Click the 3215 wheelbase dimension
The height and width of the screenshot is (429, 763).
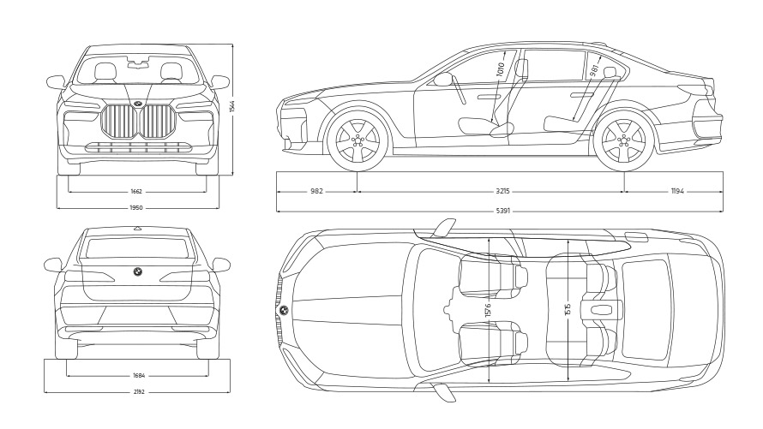click(491, 192)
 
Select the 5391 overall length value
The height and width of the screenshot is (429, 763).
click(501, 211)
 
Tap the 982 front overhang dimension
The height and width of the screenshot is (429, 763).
click(316, 192)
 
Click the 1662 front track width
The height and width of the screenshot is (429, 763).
click(136, 192)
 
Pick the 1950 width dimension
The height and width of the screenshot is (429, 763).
click(136, 207)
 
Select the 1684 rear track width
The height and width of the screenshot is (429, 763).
click(138, 375)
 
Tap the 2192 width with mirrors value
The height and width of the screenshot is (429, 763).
click(138, 391)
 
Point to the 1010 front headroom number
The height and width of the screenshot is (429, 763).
click(502, 69)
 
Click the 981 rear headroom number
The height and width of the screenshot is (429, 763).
click(594, 70)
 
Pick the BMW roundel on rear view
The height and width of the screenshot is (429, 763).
click(136, 271)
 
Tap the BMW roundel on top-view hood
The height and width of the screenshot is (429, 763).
click(285, 310)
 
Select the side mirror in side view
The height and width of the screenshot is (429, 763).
click(443, 80)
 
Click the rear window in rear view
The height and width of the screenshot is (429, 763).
click(137, 248)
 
